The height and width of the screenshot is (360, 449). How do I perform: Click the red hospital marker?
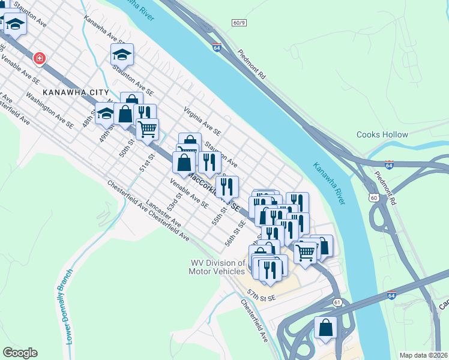[x=40, y=58]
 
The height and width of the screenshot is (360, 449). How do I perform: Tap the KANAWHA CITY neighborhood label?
[x=76, y=93]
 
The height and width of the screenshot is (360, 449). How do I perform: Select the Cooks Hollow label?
[x=382, y=135]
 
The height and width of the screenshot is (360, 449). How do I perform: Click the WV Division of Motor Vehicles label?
[x=217, y=267]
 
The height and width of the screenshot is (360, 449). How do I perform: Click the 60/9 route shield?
[x=239, y=23]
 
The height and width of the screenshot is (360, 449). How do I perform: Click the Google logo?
[x=20, y=353]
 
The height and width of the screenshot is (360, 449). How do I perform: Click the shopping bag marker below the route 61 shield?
[x=325, y=328]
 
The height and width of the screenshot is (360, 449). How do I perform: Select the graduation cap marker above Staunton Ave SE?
[x=122, y=55]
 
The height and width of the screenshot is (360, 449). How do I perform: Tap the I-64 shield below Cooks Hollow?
[x=390, y=164]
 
